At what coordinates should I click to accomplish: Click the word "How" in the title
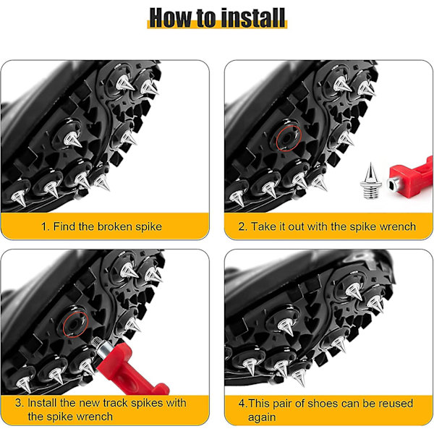click(171, 17)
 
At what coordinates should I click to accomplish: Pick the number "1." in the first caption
click(46, 226)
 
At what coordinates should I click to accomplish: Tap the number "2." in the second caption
click(243, 226)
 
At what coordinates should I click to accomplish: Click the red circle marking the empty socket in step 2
click(289, 138)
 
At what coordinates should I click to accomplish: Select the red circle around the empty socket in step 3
click(75, 325)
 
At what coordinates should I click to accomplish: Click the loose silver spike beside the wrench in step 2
click(370, 182)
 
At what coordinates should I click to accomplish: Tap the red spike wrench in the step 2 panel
click(410, 178)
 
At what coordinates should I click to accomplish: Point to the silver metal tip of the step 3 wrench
click(101, 346)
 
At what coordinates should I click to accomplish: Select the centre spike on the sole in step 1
click(73, 139)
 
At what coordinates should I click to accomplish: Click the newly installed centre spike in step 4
click(286, 328)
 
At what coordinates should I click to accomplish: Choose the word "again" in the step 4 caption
click(262, 417)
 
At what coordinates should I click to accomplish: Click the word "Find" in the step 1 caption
click(64, 226)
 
